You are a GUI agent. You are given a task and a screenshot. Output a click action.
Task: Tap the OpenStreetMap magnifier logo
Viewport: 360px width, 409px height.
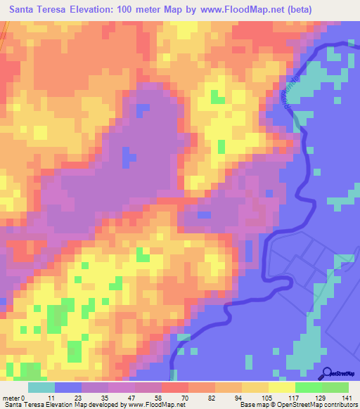328,374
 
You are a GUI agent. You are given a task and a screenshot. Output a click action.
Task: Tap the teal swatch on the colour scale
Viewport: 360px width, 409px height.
41,387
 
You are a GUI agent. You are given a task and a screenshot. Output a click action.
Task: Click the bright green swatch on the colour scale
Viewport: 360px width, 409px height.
309,387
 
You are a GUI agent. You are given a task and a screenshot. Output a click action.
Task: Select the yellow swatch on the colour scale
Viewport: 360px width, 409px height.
282,387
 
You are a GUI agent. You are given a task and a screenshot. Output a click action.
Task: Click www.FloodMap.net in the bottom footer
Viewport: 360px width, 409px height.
158,405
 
